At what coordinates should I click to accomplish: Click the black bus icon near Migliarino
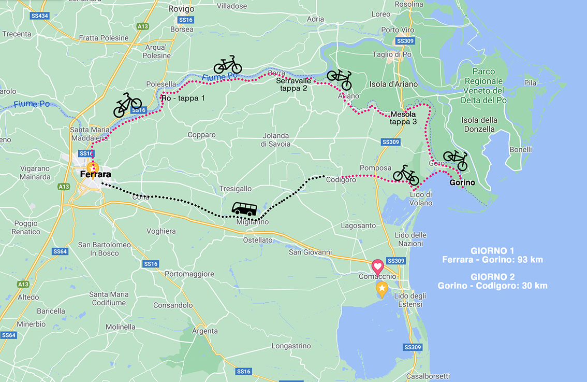pos(244,209)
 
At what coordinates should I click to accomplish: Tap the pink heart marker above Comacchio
pos(378,267)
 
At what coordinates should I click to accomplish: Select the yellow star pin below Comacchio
pos(382,289)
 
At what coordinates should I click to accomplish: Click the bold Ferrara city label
pos(96,175)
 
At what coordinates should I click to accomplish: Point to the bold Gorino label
pos(462,183)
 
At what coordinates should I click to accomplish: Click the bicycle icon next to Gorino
pos(456,160)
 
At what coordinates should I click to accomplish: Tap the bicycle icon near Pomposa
pos(406,175)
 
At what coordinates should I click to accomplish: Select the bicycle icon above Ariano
pos(340,79)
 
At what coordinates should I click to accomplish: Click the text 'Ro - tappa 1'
pos(183,98)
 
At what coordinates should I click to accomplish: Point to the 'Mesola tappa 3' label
pos(403,118)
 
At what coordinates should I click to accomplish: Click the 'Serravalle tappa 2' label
pos(293,84)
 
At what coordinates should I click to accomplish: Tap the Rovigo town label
pos(181,9)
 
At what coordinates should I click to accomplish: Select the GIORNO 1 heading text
pos(492,250)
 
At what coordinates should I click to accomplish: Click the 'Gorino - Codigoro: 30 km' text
pos(492,286)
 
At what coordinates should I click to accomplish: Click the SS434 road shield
pos(39,16)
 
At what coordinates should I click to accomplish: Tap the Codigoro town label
pos(341,180)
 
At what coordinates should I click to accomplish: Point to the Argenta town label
pos(205,331)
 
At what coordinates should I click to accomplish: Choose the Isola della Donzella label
pos(479,124)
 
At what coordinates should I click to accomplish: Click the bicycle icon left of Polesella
pos(127,104)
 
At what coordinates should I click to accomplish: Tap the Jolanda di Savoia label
pos(275,140)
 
